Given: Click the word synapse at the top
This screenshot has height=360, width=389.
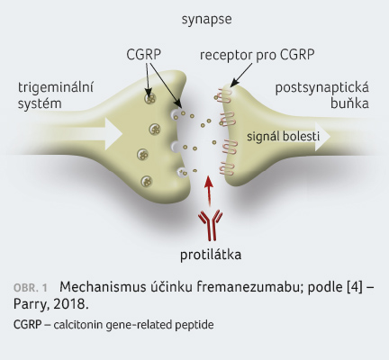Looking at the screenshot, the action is pos(206,20).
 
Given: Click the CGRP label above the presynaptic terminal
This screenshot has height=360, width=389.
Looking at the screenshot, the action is pos(143,55).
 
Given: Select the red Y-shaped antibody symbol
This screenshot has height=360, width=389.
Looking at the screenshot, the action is pos(211,225).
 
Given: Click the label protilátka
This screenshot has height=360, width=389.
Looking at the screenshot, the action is pos(211,255).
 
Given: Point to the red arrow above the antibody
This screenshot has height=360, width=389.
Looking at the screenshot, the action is pos(209,192).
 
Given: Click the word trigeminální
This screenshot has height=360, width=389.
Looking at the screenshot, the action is pos(56,88).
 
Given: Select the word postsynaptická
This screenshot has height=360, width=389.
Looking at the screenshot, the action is pos(322,88).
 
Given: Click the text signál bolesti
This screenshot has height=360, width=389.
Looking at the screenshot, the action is pos(284,137).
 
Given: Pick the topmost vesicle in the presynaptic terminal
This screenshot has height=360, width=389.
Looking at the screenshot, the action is pos(149,98).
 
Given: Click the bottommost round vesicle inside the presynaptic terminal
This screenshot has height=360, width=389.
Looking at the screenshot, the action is pos(147,181).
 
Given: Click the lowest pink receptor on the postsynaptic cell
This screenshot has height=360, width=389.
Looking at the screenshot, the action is pos(226,168).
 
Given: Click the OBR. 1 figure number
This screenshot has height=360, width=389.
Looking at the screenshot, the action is pos(31,288).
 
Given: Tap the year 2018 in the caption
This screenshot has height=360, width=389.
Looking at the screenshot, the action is pos(70,304).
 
